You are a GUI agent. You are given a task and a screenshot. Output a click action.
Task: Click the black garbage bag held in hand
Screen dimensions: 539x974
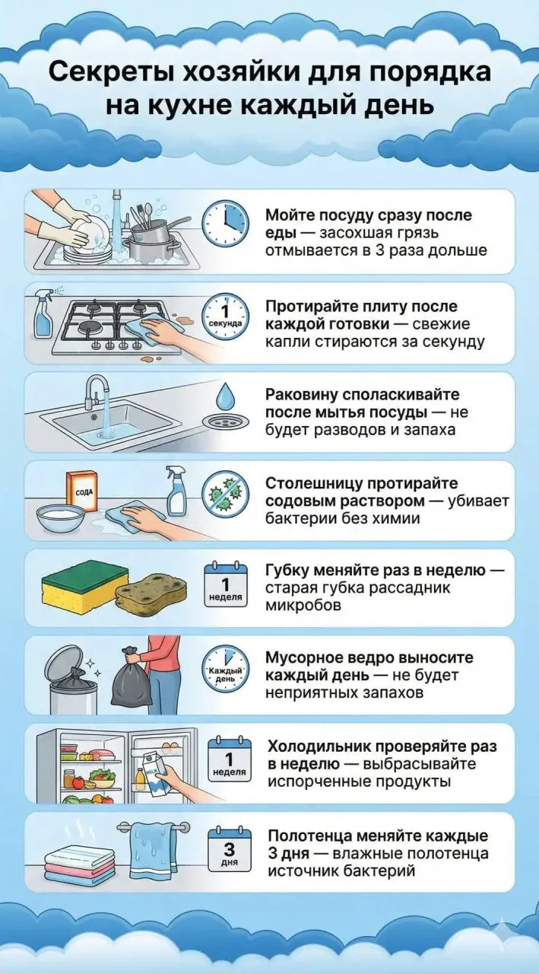(x=131, y=678)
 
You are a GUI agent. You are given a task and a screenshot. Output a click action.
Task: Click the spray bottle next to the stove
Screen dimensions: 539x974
(x=45, y=319)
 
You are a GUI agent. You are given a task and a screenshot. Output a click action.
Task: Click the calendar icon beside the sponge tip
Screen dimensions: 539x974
(x=226, y=585)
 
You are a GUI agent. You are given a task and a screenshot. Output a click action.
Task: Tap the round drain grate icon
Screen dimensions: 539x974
(x=226, y=422)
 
